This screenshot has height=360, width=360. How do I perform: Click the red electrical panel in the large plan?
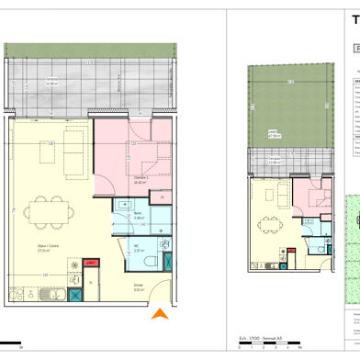(90, 264)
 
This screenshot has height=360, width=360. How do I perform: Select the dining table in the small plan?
(266, 223)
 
